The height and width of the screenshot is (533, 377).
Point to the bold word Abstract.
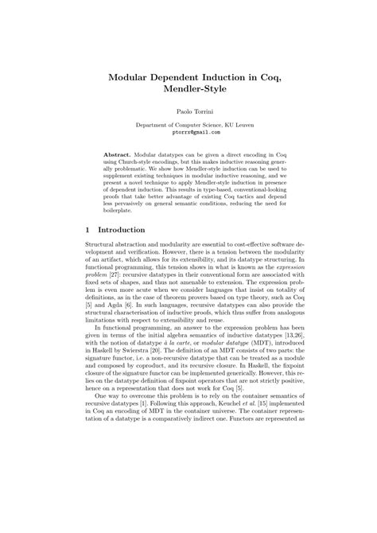point(119,151)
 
